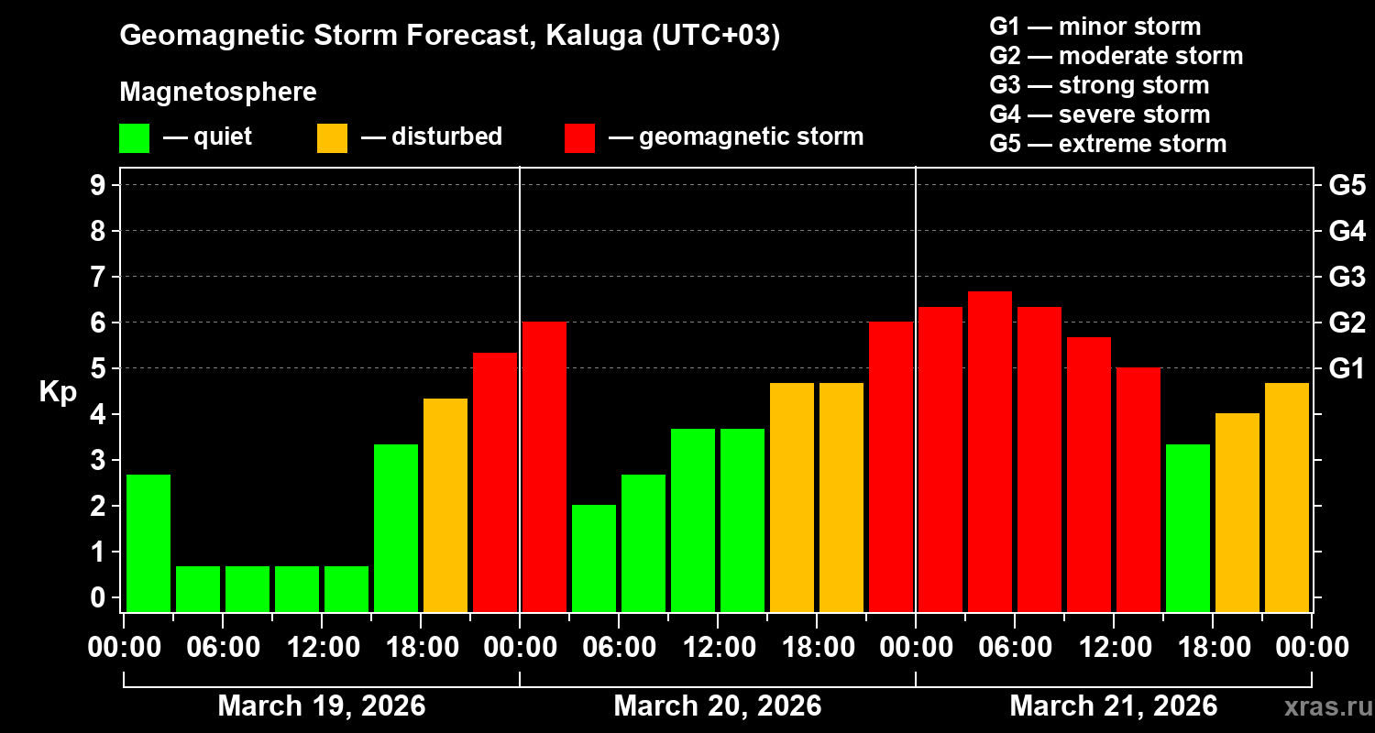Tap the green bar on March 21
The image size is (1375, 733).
coord(1188,528)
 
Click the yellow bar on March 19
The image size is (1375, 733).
coord(445,505)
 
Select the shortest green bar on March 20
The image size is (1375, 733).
coord(594,558)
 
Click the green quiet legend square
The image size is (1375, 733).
coord(134,138)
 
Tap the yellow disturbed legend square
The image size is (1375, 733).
coord(332,138)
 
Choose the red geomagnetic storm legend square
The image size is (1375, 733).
coord(579,138)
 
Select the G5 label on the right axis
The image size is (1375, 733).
coord(1347,186)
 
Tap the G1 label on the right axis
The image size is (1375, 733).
coord(1347,369)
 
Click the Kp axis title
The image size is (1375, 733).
coord(58,392)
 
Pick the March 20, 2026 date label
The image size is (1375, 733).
coord(717,706)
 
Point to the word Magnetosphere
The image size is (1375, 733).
coord(218,93)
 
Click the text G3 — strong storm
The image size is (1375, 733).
coord(1099,85)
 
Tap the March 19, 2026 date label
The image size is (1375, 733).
coord(321,706)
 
